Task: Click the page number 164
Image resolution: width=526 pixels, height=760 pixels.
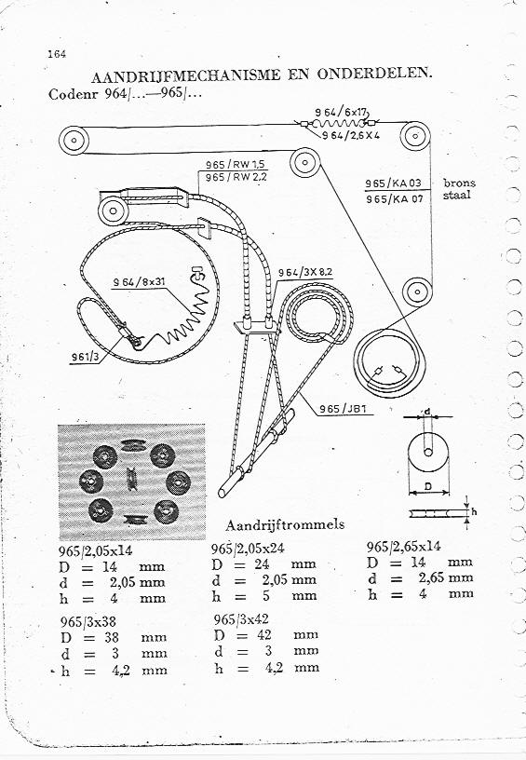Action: (x=57, y=54)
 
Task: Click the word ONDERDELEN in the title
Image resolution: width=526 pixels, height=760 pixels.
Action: (x=374, y=74)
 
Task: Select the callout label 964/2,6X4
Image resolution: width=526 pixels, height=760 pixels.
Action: (x=351, y=135)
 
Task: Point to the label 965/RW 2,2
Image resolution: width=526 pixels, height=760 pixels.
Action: (x=236, y=177)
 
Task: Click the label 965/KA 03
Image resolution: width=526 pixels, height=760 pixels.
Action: (x=393, y=183)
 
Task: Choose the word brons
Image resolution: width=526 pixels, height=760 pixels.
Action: (x=459, y=183)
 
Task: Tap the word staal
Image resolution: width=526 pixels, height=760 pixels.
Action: (x=456, y=195)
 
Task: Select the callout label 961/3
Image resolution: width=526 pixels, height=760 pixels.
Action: (x=86, y=358)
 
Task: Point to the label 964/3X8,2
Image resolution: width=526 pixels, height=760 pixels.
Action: (x=305, y=272)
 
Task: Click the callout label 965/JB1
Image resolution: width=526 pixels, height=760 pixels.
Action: (x=343, y=409)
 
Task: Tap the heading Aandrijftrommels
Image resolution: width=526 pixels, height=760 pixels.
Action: (x=285, y=524)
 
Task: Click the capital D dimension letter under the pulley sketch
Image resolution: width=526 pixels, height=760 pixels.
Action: (x=428, y=486)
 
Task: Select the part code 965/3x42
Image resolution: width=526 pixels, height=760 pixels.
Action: (x=241, y=619)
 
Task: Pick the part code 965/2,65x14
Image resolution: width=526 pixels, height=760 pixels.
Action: (x=403, y=547)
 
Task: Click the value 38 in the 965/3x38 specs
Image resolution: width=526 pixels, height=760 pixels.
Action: (x=112, y=637)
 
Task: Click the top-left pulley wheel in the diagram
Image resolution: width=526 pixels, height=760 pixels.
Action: (x=74, y=141)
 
